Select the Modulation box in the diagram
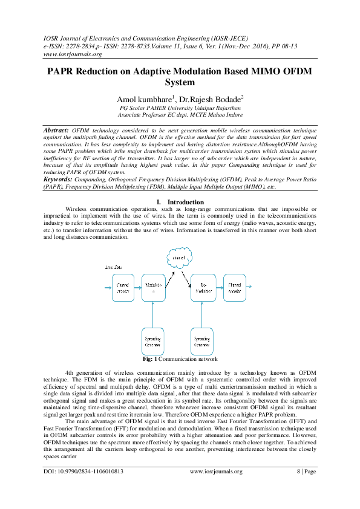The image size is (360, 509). pos(152,288)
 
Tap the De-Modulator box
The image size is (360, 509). pos(202,288)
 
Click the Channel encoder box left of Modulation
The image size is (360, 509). pos(123,288)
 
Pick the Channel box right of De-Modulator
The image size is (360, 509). pos(235,288)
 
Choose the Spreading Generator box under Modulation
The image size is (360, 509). pos(152,341)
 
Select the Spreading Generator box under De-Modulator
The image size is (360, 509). pos(202,341)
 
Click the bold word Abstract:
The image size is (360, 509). pos(56,131)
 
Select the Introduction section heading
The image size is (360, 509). pos(185,201)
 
